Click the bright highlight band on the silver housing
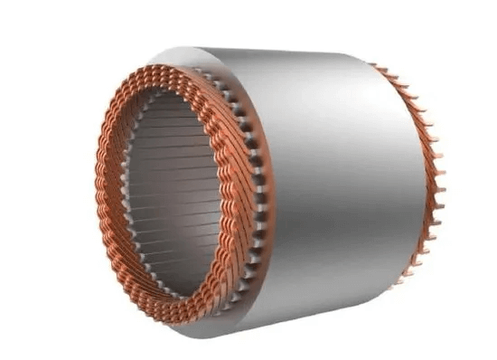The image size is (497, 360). click(298, 181)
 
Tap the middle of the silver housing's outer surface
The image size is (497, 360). click(334, 190)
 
